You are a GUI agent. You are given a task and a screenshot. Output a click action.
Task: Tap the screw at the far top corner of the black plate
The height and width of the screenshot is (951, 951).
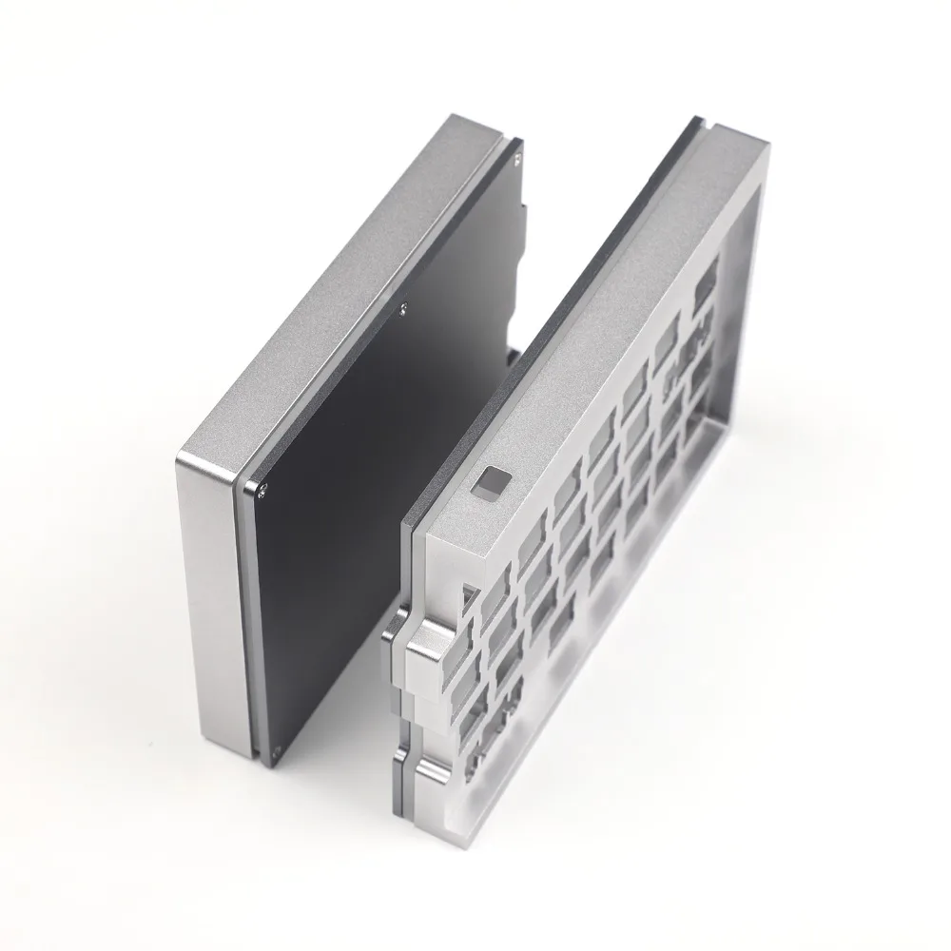point(519,146)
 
